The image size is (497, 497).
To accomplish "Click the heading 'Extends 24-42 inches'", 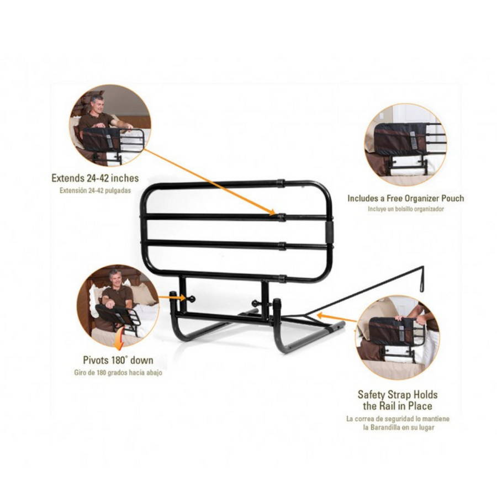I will (95, 178).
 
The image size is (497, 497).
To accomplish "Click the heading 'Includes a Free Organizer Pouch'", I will (405, 198).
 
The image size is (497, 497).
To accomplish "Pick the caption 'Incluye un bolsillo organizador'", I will (405, 209).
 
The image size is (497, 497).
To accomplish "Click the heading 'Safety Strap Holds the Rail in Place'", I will (398, 400).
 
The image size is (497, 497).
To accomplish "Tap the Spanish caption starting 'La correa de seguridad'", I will (398, 423).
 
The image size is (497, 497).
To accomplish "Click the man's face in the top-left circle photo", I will (97, 103).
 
